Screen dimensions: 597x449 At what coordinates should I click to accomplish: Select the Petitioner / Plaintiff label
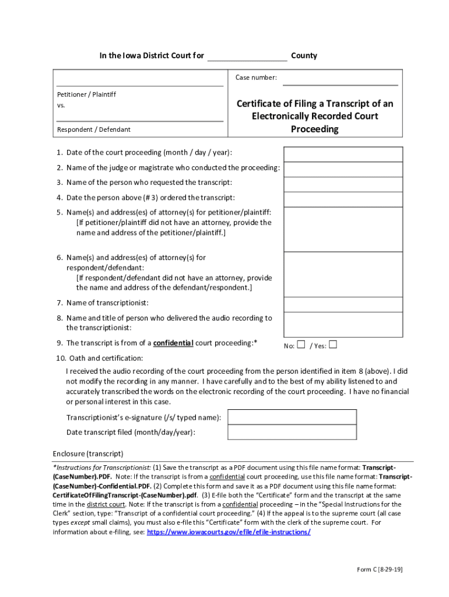[x=86, y=94]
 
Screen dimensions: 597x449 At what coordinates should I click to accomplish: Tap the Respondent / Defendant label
[x=93, y=129]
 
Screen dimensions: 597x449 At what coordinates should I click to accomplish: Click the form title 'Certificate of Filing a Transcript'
[x=315, y=116]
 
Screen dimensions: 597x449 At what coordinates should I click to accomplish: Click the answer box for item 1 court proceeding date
[x=343, y=154]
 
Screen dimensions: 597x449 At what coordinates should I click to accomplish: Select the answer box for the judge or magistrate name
[x=343, y=169]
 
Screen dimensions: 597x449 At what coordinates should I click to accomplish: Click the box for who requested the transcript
[x=343, y=184]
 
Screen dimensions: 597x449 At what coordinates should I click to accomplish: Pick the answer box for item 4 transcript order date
[x=343, y=199]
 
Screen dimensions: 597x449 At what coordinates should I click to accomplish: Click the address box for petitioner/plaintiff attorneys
[x=343, y=229]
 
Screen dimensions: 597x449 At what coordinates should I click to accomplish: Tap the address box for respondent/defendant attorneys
[x=343, y=275]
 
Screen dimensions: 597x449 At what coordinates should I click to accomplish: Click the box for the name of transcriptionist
[x=343, y=304]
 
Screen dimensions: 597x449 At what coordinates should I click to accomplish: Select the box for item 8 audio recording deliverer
[x=343, y=324]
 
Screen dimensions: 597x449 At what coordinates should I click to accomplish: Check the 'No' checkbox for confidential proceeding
[x=301, y=345]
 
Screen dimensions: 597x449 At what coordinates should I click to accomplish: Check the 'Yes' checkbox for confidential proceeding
[x=333, y=345]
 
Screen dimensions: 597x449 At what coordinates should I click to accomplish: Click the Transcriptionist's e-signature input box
[x=292, y=417]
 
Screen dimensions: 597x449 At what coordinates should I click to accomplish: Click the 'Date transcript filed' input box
[x=292, y=432]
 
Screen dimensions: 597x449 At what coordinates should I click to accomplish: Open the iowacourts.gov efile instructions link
[x=229, y=532]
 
